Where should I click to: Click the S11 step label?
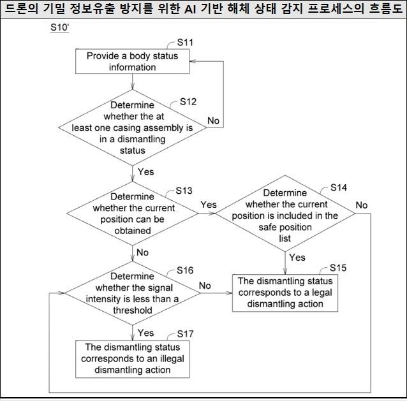pos(186,43)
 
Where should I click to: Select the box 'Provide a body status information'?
pos(132,62)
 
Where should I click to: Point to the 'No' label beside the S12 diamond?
pos(214,120)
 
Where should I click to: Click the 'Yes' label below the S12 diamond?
pos(145,171)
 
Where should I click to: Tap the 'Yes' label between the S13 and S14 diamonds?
pos(209,205)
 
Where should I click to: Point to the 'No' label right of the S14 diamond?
pos(362,205)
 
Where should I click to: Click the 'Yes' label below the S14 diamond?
pos(297,258)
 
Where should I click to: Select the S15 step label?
pos(338,268)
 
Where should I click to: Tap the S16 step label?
pos(184,271)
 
